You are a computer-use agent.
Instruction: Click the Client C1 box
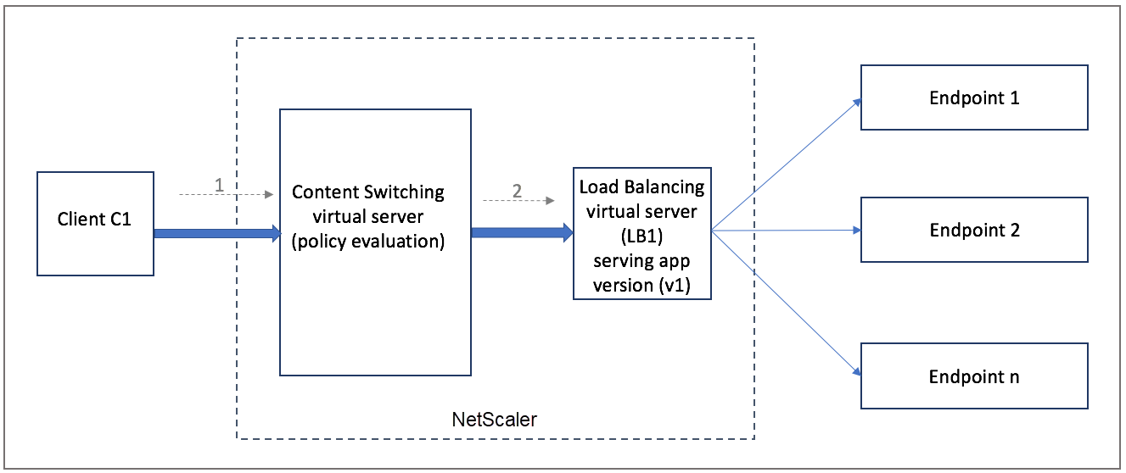96,224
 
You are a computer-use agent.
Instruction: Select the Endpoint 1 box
974,97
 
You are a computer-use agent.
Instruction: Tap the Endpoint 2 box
974,230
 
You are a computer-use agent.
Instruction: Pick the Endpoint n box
974,376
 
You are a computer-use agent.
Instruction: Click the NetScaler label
494,420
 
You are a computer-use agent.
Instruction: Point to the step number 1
219,185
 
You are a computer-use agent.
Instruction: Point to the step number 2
518,191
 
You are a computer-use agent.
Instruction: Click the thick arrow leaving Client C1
217,233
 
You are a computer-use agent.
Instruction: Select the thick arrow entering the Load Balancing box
523,232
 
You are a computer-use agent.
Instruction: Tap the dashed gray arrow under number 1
227,194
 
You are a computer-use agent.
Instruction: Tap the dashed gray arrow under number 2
518,200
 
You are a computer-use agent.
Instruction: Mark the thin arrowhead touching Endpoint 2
857,231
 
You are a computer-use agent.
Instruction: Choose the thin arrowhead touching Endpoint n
857,371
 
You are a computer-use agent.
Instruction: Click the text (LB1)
642,236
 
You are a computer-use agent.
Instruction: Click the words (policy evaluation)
368,241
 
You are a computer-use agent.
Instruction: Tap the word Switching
404,192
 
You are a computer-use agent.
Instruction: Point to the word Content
325,192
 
